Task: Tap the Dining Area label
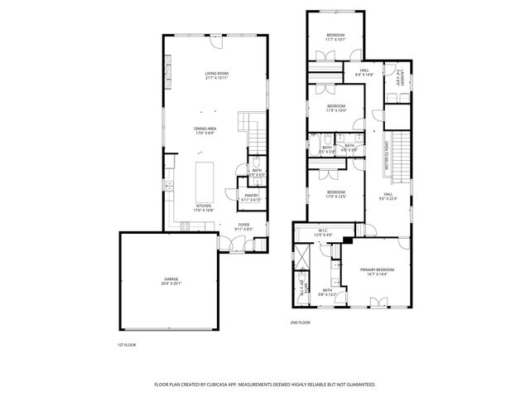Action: tap(205, 130)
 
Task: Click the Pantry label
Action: tap(251, 197)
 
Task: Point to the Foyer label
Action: tap(243, 226)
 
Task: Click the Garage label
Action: tap(171, 281)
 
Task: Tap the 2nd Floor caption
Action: tap(299, 322)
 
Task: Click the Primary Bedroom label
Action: tap(377, 272)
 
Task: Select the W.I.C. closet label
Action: tap(325, 233)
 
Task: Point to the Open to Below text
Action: tap(386, 153)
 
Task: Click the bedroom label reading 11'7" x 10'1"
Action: tap(335, 36)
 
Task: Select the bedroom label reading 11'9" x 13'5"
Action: tap(335, 195)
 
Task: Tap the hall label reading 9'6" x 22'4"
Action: tap(388, 197)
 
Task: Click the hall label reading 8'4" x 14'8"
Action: tap(364, 73)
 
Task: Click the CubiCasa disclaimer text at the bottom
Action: tap(265, 385)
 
